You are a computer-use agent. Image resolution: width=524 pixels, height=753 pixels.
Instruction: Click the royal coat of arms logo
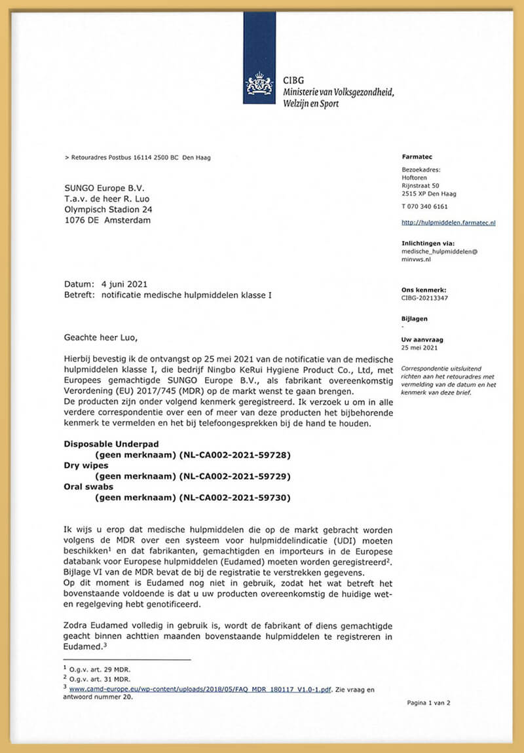259,84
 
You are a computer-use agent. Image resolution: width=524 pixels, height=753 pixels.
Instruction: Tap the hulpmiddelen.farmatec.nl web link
448,223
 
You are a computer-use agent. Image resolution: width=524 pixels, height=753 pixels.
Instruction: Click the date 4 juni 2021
124,284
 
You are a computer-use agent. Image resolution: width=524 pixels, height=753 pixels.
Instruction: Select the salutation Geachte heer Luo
102,338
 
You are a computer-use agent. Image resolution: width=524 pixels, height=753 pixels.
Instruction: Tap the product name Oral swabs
88,487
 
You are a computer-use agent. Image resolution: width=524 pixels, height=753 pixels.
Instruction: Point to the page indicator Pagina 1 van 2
428,703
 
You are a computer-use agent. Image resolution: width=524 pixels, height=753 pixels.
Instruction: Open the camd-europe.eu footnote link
200,689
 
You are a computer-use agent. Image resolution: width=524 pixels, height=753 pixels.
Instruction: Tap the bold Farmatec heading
417,157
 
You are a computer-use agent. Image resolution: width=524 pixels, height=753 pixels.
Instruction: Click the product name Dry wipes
86,465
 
